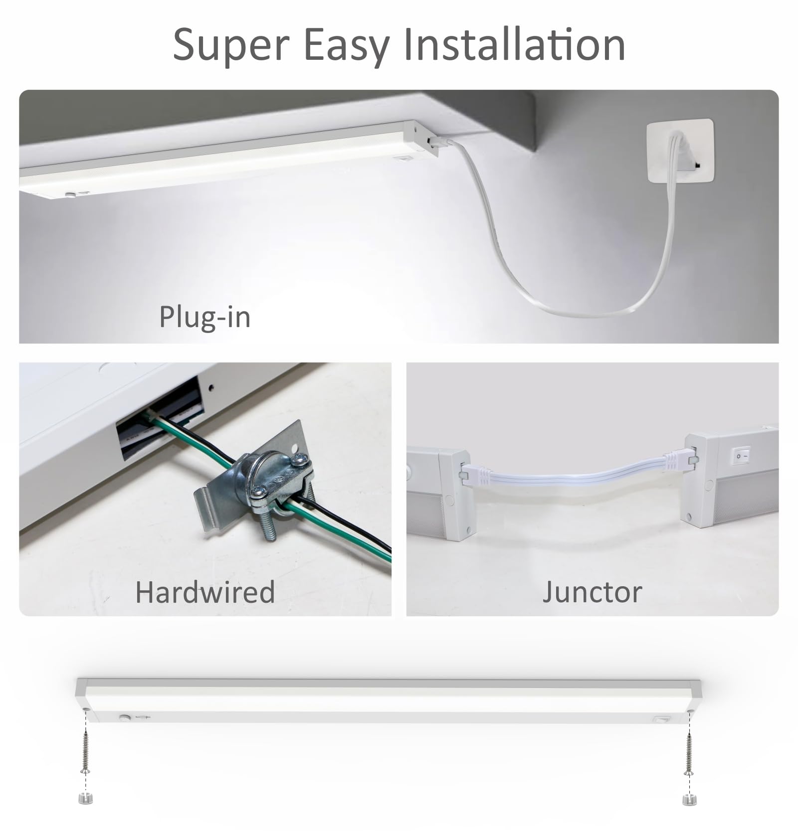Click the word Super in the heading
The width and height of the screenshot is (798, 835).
231,46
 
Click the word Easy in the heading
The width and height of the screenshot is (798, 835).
347,46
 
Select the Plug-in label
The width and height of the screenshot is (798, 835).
204,317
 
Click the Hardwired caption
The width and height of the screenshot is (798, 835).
205,592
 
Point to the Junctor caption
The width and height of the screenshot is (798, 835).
592,592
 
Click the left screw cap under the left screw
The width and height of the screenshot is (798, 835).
85,799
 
